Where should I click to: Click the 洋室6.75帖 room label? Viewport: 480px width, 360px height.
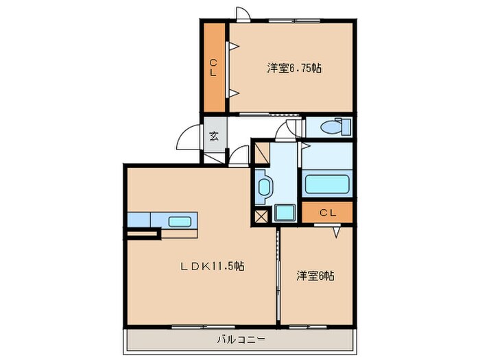tap(295, 68)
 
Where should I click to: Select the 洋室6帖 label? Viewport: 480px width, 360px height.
tap(315, 276)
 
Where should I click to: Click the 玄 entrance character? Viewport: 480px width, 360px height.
tap(214, 136)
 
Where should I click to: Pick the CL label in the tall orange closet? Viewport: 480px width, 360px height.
tap(213, 68)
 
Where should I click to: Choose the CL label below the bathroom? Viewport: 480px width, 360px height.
tap(327, 213)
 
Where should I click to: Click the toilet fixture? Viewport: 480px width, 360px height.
tap(335, 128)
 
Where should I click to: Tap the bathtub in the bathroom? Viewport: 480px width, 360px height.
tap(327, 184)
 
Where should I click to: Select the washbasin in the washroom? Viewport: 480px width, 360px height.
tap(265, 185)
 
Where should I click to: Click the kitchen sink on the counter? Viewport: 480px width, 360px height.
tap(180, 221)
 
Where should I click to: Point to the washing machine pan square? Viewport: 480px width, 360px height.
tap(284, 213)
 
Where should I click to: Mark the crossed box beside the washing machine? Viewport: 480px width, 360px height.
tap(261, 216)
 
